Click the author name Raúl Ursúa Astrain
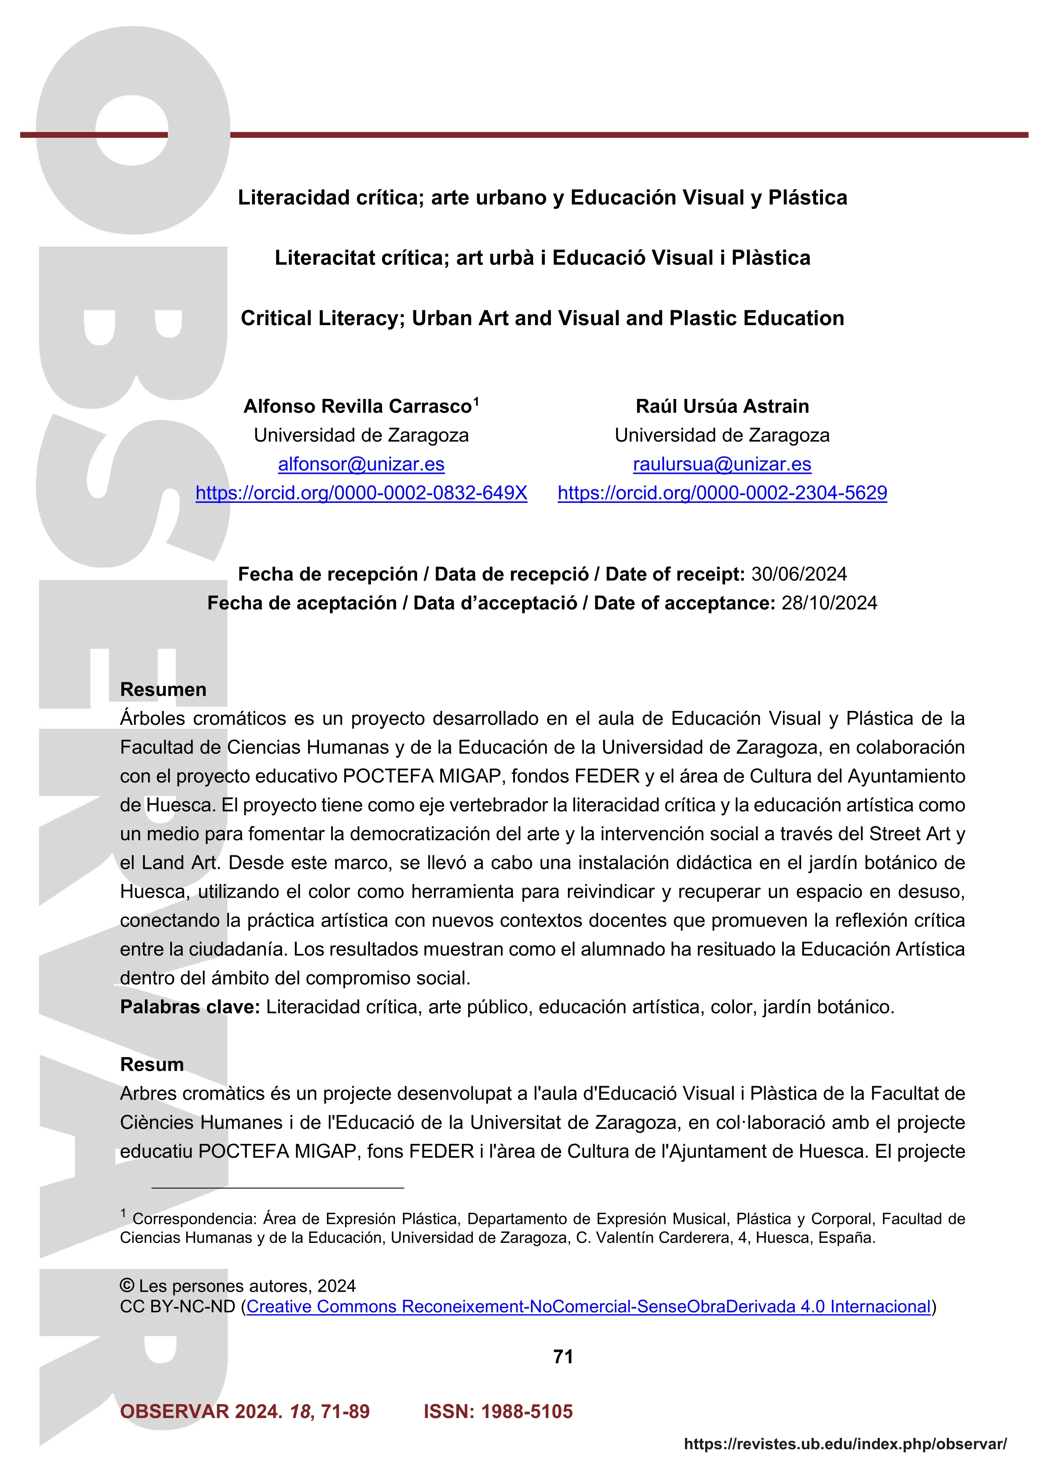point(722,406)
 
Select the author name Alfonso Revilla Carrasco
point(357,406)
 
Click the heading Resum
point(152,1065)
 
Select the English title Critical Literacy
point(542,318)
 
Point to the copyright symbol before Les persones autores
point(127,1285)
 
